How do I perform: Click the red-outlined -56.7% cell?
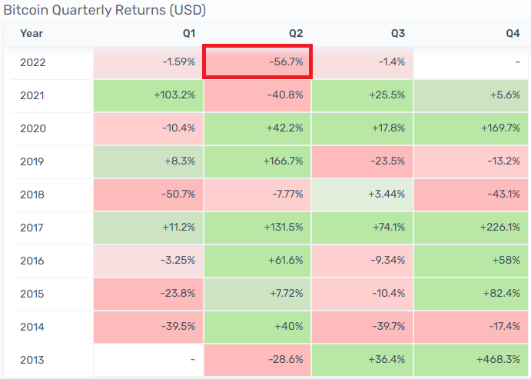(257, 62)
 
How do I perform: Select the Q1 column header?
(189, 33)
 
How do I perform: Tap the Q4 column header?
(513, 33)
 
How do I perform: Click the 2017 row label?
(33, 228)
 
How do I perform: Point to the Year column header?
(32, 33)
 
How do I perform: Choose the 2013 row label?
(33, 360)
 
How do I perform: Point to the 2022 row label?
(33, 62)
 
